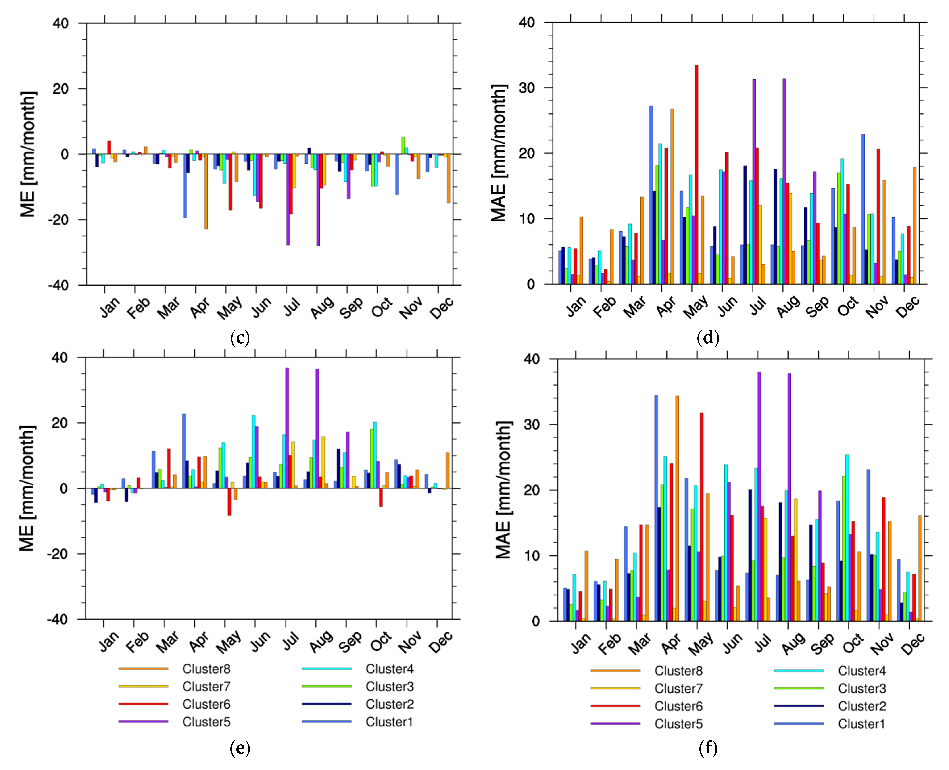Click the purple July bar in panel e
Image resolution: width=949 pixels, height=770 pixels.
287,428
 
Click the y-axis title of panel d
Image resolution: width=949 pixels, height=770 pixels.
499,153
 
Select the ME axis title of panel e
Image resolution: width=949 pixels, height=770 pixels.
27,488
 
